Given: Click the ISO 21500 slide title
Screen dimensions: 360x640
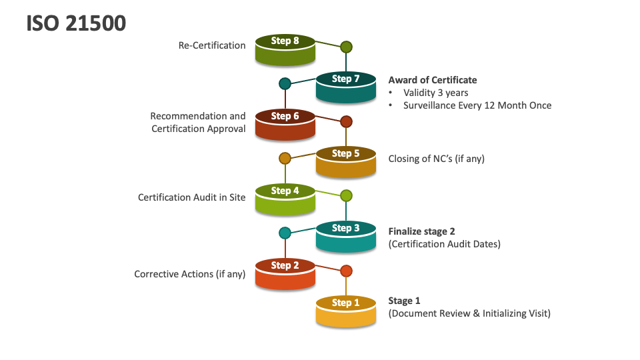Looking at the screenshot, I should coord(76,23).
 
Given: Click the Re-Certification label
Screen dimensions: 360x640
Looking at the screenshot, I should coord(212,45).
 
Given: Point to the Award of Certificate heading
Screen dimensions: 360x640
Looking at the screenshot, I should coord(433,80).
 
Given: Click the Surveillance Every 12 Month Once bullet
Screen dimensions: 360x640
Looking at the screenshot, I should coord(477,105).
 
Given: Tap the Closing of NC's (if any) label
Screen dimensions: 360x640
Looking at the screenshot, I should coord(437,159).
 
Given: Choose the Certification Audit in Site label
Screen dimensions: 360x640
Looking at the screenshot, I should coord(192,197).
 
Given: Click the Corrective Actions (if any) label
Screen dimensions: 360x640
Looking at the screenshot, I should coord(190,274).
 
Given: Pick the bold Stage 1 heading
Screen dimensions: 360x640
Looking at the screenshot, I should coord(404,301).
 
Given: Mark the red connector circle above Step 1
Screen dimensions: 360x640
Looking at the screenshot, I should coord(346,271).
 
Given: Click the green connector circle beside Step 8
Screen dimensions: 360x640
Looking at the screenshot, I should coord(346,47).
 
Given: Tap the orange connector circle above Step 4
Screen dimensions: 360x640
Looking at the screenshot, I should coord(285,159).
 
